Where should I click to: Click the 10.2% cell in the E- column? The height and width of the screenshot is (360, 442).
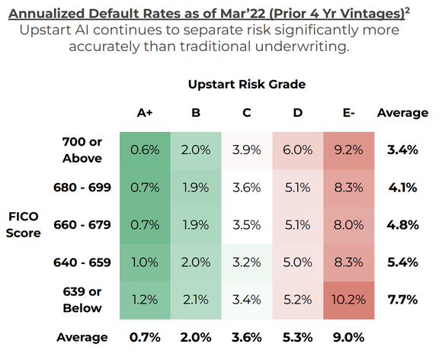(x=348, y=300)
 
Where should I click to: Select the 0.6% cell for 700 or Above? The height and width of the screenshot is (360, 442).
(x=145, y=150)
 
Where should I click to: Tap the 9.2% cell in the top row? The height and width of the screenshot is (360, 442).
(x=348, y=150)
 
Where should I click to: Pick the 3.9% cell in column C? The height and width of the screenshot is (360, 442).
(x=247, y=150)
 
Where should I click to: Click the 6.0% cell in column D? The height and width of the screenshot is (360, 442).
(x=297, y=150)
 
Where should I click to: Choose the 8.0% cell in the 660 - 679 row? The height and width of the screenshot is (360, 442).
(x=348, y=225)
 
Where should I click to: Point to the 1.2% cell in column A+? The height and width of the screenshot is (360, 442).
(x=145, y=300)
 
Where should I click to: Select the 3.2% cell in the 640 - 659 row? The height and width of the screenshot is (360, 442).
(x=247, y=262)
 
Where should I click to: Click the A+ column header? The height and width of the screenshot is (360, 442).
(x=145, y=113)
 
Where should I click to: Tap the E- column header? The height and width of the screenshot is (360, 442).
(x=348, y=113)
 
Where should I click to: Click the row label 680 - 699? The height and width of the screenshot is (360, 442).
(x=82, y=188)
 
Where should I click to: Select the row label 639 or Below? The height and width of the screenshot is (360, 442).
(x=82, y=300)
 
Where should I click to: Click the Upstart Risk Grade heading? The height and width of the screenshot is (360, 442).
(x=247, y=84)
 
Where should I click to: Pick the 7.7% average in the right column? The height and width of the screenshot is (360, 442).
(x=402, y=300)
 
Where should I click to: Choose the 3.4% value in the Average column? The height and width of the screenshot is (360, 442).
(x=402, y=150)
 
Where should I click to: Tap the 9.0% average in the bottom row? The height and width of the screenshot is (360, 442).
(x=348, y=337)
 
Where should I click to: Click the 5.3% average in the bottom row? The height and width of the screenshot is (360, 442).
(x=297, y=337)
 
